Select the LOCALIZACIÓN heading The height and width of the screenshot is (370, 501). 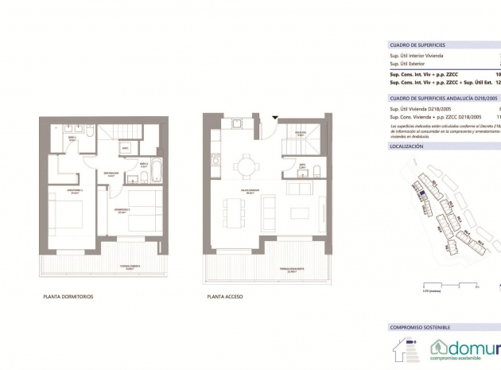pos(406,147)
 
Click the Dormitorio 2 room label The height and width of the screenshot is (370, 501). pos(121,211)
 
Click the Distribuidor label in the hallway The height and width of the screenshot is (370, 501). pos(111,172)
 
